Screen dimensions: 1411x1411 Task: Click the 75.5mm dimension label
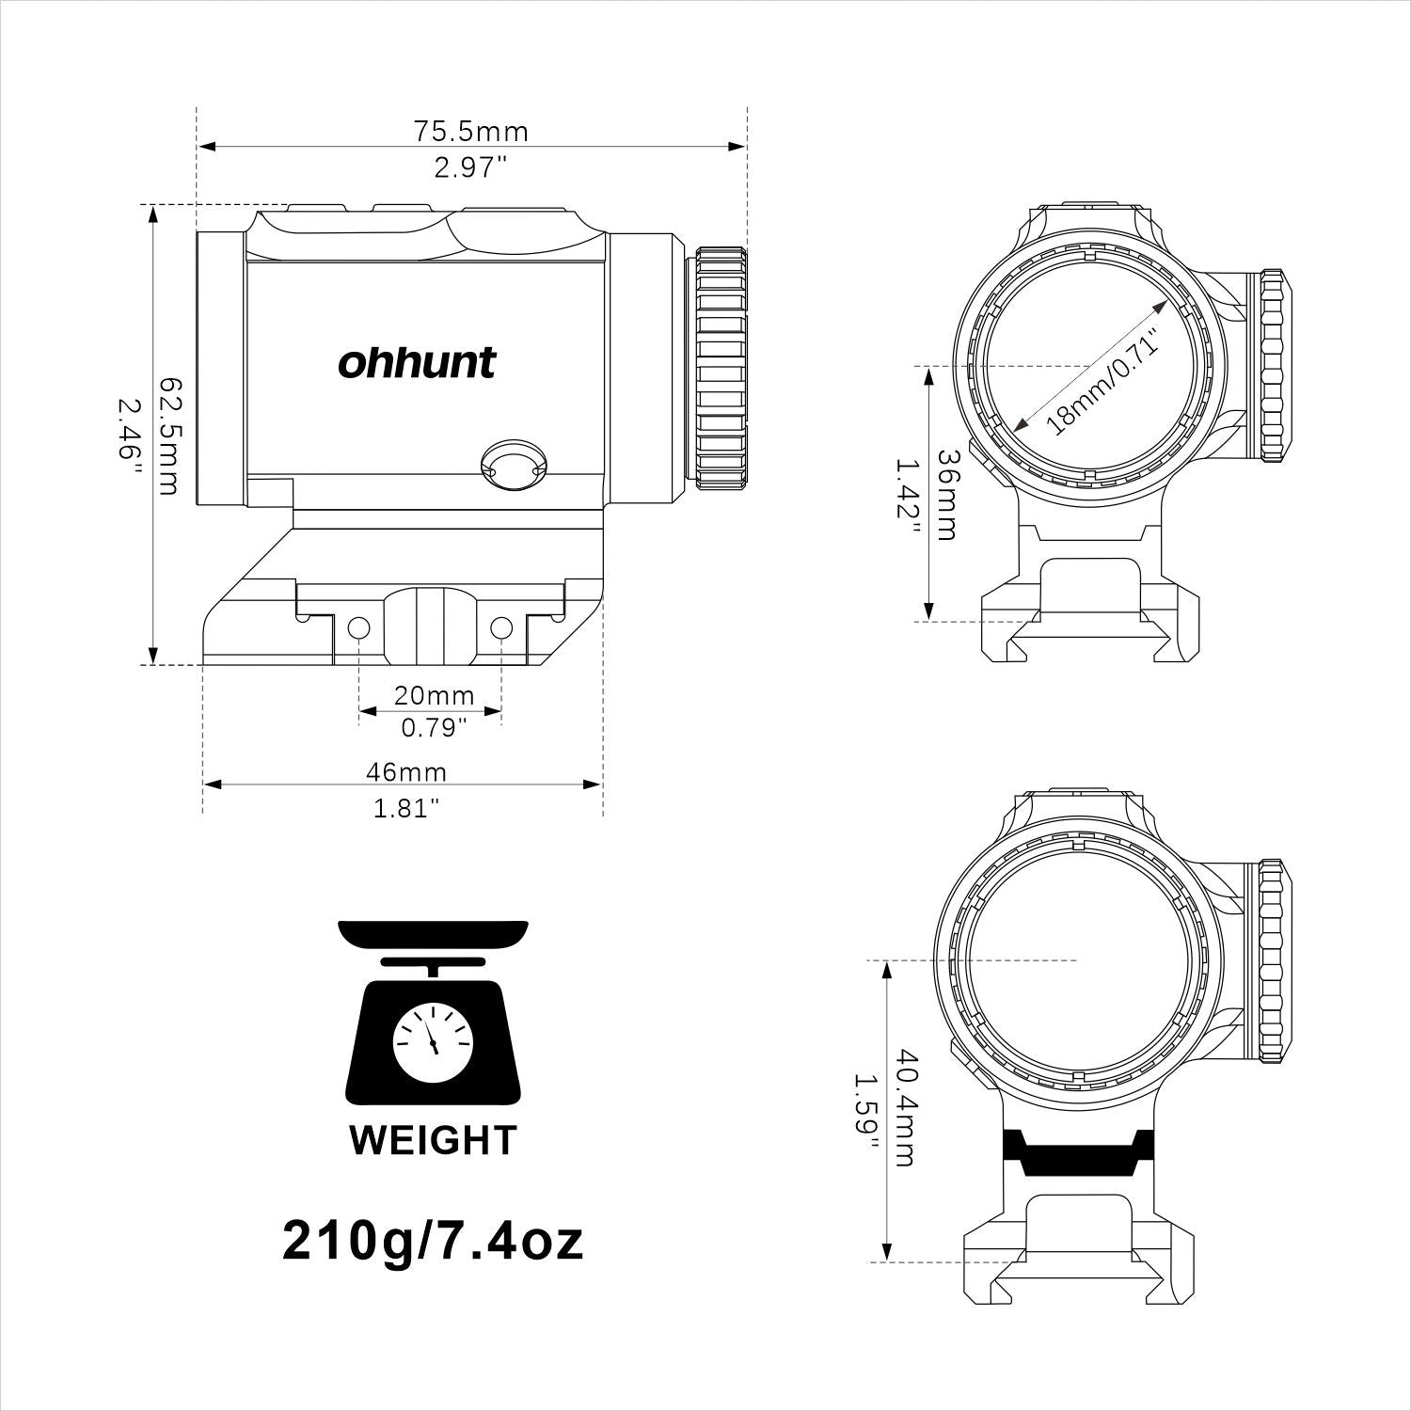tap(471, 131)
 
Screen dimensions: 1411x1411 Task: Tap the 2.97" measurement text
tap(470, 168)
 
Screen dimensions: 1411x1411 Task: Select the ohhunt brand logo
tap(417, 362)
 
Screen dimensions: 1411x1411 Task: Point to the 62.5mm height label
tap(169, 436)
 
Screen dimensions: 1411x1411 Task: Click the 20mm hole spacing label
tap(434, 696)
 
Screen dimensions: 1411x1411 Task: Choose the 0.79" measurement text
tap(434, 728)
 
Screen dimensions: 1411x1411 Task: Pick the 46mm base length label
tap(406, 772)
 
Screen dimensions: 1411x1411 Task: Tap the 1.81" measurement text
tap(406, 808)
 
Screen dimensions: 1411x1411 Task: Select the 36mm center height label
tap(948, 493)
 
